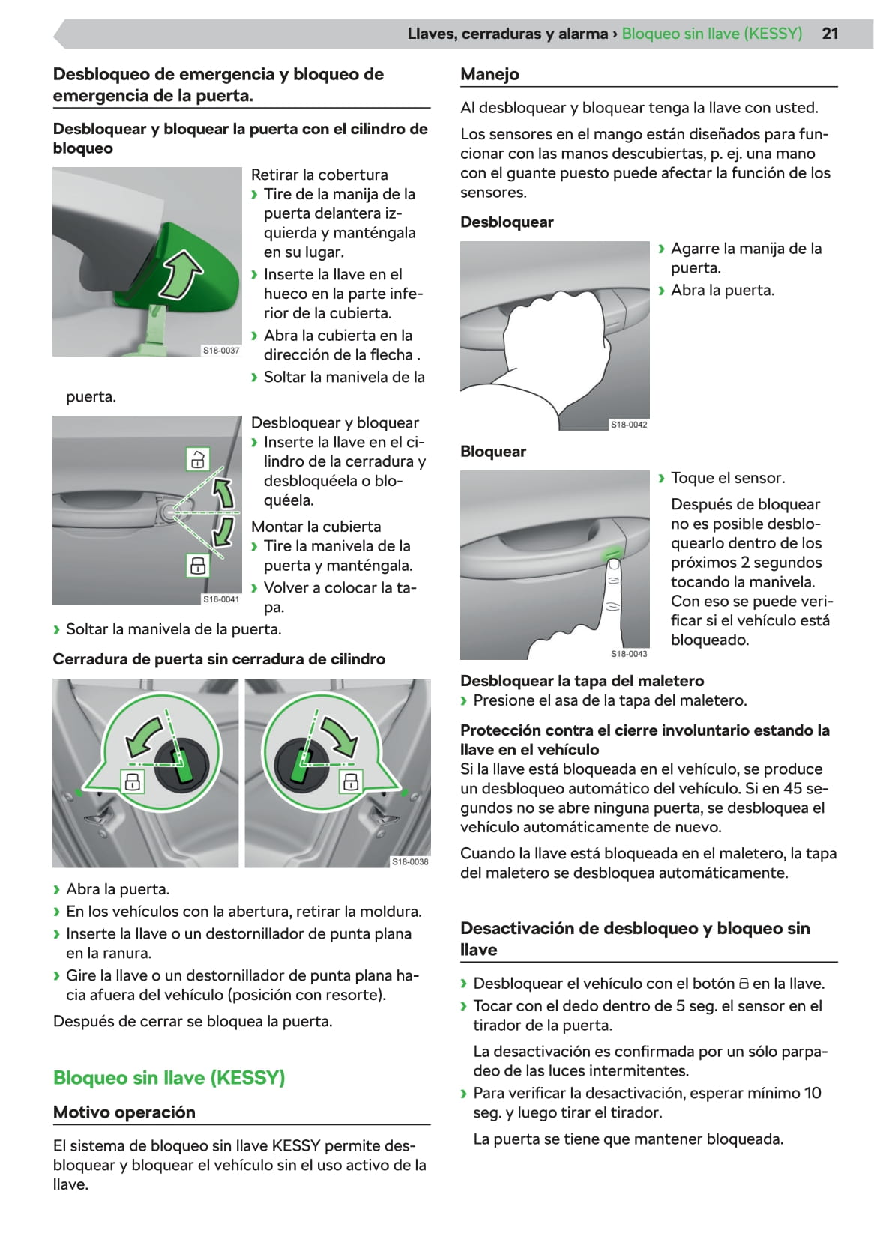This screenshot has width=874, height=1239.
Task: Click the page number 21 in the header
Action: click(x=830, y=34)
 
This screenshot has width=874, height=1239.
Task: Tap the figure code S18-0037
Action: click(x=221, y=350)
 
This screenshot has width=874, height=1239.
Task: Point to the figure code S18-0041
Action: click(x=221, y=599)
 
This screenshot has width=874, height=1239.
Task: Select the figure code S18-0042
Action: click(x=629, y=424)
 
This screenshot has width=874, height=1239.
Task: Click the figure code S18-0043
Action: click(x=629, y=653)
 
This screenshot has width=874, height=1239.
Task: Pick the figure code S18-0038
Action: click(x=410, y=861)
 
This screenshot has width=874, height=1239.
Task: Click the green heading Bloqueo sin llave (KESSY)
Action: click(x=169, y=1077)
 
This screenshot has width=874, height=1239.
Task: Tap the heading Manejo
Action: click(x=490, y=74)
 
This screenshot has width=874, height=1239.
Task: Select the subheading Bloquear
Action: click(x=493, y=452)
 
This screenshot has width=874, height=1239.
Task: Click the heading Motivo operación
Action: click(x=124, y=1112)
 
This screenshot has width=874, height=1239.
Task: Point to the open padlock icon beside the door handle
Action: click(x=198, y=459)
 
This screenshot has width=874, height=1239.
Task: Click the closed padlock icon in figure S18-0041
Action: click(x=198, y=566)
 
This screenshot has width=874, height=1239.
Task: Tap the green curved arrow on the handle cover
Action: click(x=181, y=275)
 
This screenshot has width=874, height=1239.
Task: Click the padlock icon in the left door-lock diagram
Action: click(x=132, y=781)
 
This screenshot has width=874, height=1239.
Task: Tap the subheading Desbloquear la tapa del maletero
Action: click(x=582, y=680)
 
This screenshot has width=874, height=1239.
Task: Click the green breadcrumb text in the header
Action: click(x=712, y=34)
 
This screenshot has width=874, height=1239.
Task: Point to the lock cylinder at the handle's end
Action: click(x=167, y=512)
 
